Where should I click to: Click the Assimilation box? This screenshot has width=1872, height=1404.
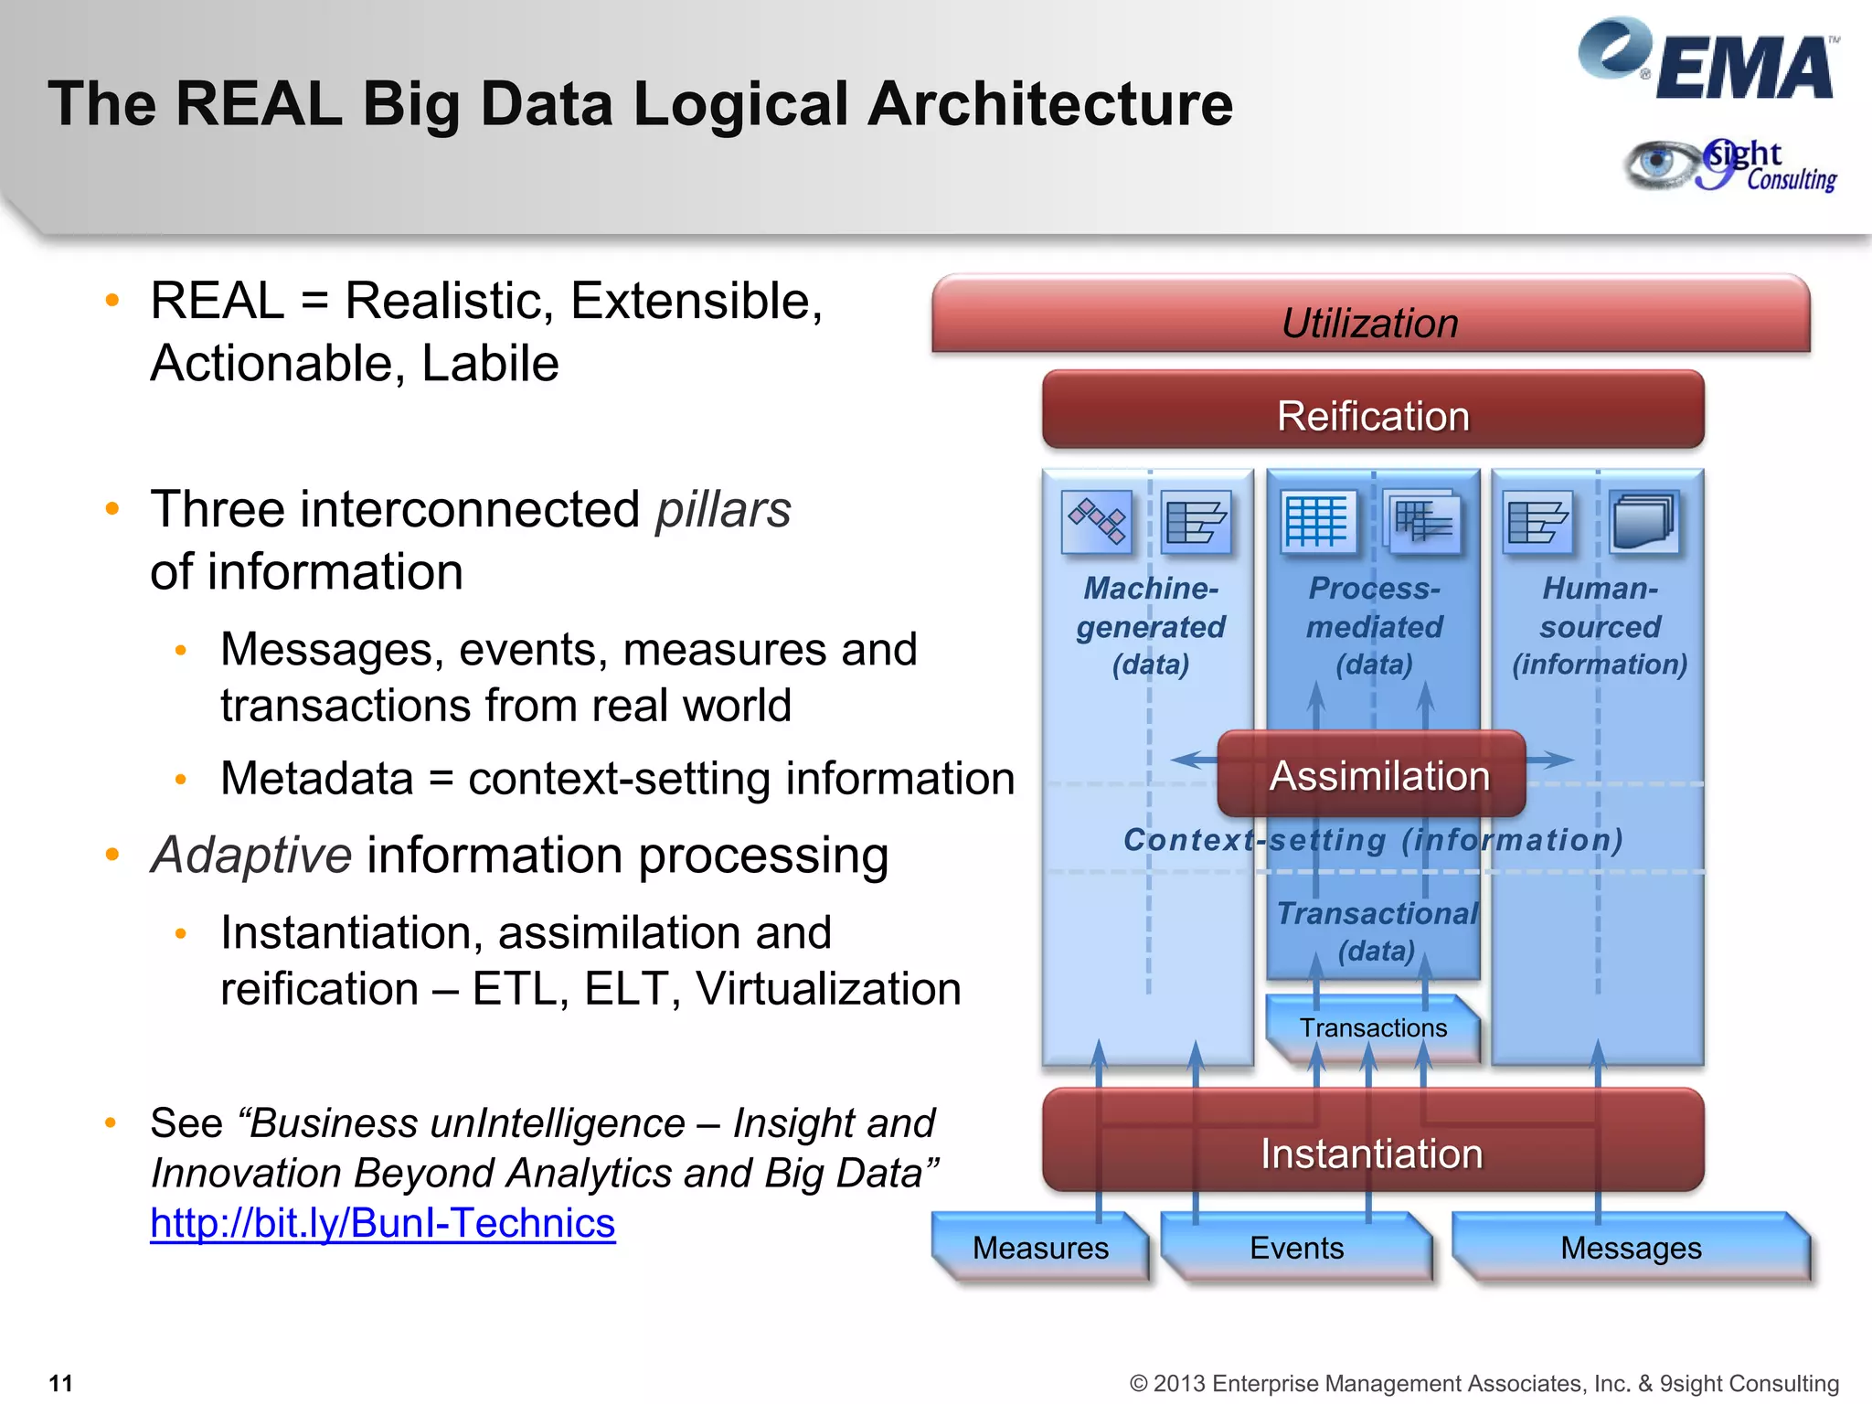pos(1372,774)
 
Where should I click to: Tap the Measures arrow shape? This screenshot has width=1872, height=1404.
pos(1040,1247)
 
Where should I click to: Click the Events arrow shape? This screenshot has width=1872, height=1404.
pos(1296,1247)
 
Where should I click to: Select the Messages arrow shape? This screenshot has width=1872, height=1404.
pos(1631,1247)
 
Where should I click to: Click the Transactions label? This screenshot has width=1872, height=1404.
pos(1373,1027)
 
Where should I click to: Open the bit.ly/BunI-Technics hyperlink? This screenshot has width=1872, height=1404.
pos(382,1223)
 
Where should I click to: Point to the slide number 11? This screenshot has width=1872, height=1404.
pos(60,1382)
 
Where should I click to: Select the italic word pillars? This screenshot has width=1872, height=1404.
pos(722,510)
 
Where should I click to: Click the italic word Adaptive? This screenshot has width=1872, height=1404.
pos(251,856)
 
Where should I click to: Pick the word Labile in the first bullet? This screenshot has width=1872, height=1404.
pos(490,364)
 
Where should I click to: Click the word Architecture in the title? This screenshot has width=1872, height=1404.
pos(1050,103)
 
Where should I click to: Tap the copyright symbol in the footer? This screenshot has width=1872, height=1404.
pos(1138,1383)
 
